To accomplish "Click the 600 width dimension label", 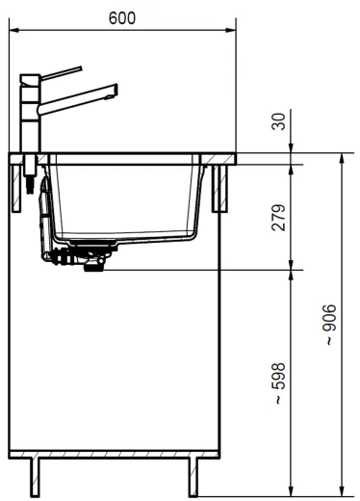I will click(x=123, y=17).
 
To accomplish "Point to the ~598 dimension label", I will click(x=277, y=382).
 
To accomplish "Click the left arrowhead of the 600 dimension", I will click(x=13, y=31).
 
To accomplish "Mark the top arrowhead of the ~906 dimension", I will click(x=342, y=157).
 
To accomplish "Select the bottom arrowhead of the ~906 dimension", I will click(x=342, y=490).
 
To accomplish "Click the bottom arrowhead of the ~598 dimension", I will click(x=292, y=490).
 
